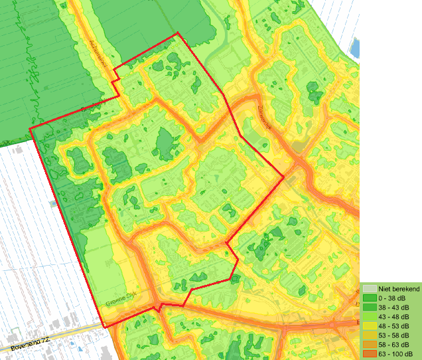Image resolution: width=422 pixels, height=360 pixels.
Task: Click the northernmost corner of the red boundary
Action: click(178, 33)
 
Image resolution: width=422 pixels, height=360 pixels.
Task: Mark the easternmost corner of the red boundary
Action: click(284, 177)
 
